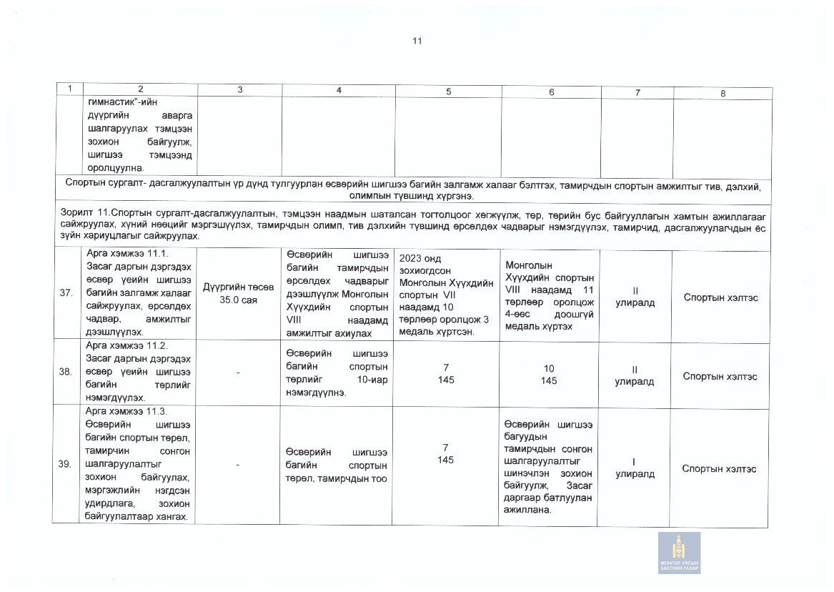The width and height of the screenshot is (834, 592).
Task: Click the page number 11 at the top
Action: tap(417, 41)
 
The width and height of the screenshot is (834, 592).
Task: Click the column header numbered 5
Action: tap(448, 92)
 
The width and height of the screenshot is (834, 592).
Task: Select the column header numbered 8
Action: tap(723, 93)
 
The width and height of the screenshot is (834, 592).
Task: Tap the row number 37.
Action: tap(66, 295)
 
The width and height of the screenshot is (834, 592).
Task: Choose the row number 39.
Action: tap(65, 464)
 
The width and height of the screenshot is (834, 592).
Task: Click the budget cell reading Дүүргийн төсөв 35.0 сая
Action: tap(239, 293)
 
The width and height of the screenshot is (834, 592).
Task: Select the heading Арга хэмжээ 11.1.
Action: tap(126, 255)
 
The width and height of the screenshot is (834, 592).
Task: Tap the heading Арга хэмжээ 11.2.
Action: tap(126, 345)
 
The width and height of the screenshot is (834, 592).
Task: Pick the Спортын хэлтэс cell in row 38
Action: tap(720, 376)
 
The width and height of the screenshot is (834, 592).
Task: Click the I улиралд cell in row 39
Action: tap(634, 468)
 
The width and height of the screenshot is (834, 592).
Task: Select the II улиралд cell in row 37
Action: tap(635, 297)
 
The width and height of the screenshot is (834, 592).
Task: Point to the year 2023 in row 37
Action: tap(412, 259)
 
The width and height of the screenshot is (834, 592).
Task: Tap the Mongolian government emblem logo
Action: tap(679, 552)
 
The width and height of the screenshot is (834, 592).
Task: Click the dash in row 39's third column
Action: tap(238, 465)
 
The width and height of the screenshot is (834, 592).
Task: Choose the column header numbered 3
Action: tap(239, 89)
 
